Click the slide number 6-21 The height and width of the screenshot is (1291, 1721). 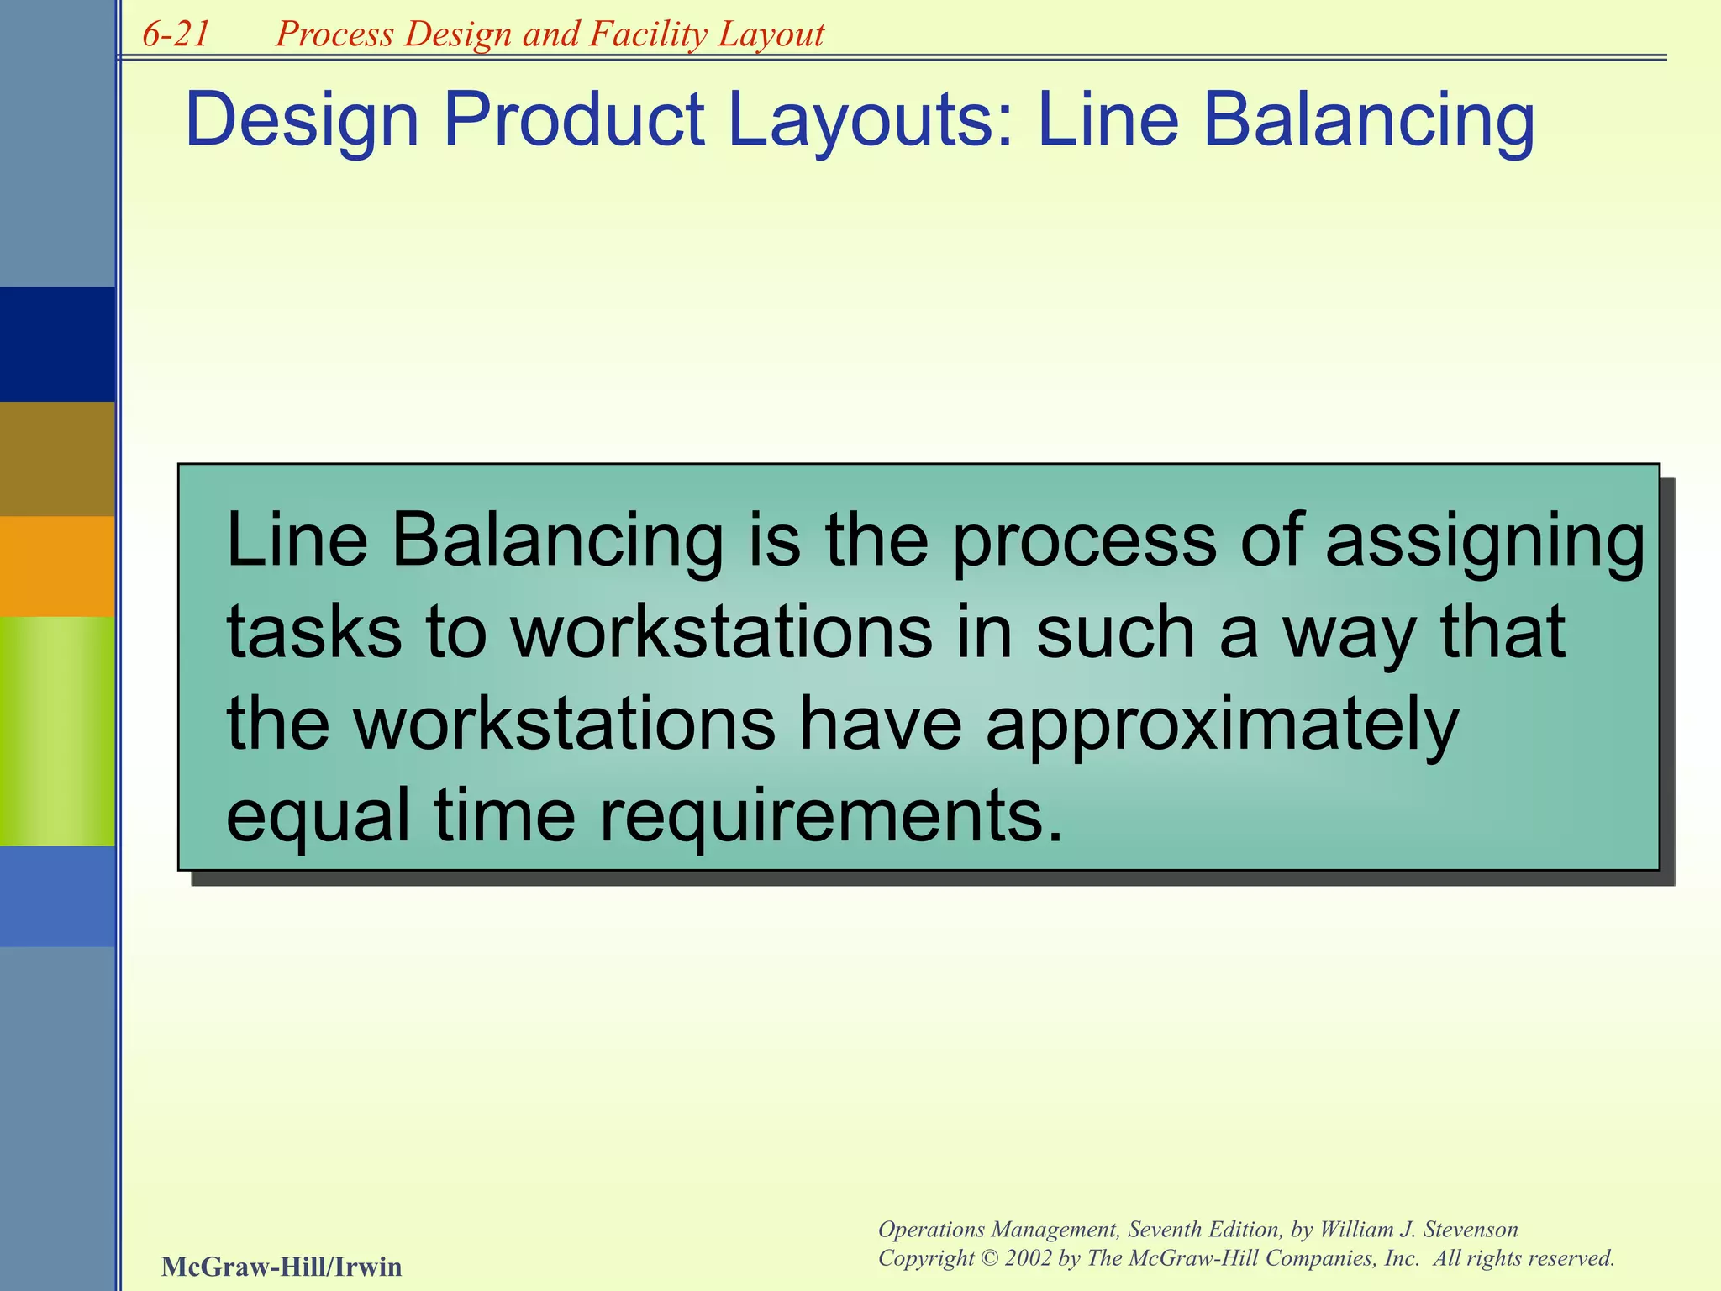click(x=176, y=34)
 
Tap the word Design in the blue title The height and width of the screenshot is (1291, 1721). click(x=302, y=120)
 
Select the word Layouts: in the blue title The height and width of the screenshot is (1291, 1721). click(x=871, y=120)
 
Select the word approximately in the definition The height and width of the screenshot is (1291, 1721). click(x=1222, y=725)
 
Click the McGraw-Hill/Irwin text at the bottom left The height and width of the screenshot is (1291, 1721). click(x=282, y=1267)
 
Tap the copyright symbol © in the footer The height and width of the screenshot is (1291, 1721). click(x=988, y=1258)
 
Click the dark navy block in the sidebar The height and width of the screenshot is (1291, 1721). click(x=57, y=344)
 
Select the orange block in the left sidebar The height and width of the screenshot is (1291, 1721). click(x=57, y=566)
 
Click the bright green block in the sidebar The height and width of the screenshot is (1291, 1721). click(x=57, y=730)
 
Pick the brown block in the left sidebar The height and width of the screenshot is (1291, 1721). click(x=57, y=458)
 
